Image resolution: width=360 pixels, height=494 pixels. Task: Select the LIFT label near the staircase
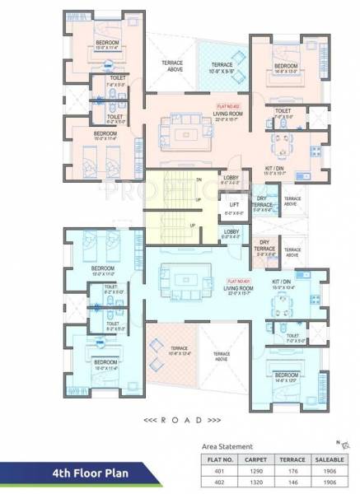pyautogui.click(x=233, y=205)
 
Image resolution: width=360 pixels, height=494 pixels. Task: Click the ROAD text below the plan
pyautogui.click(x=180, y=418)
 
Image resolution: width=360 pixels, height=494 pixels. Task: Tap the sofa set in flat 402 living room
pyautogui.click(x=180, y=130)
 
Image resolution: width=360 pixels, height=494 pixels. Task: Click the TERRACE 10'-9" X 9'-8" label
pyautogui.click(x=221, y=67)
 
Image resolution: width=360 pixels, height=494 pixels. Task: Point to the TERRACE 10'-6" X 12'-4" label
pyautogui.click(x=180, y=352)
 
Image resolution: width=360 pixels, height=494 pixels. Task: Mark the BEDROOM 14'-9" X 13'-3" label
pyautogui.click(x=285, y=68)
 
